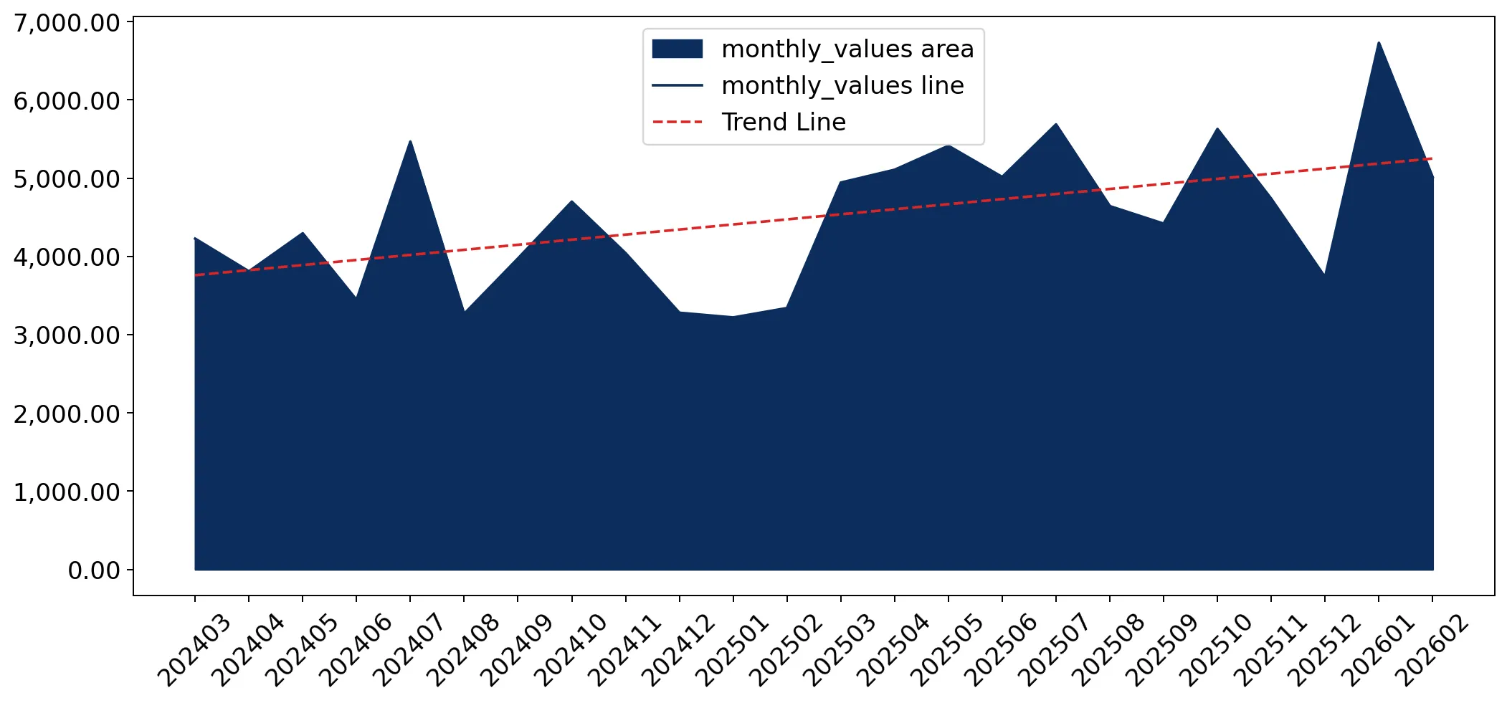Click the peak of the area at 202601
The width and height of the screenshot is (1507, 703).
pos(1378,42)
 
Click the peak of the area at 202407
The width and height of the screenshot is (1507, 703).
pos(410,141)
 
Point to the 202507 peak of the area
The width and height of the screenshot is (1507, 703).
pos(1056,124)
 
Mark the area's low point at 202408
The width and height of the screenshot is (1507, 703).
pos(465,311)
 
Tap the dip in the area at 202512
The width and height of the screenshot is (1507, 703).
pos(1324,274)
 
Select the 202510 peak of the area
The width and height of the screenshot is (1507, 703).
pos(1217,128)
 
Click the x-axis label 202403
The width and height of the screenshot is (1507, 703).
pos(194,651)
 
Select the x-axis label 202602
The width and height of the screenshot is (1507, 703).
pos(1432,651)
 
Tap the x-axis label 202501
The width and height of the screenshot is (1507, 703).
pos(732,651)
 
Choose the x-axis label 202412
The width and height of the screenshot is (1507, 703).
pos(678,651)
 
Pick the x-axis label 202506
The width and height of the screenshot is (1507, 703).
pos(1001,651)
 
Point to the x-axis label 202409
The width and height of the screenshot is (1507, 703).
pos(516,651)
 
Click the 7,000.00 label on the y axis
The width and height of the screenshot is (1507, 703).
pos(67,23)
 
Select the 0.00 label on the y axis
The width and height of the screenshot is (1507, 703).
pos(94,570)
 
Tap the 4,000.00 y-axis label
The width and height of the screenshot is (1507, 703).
pos(67,257)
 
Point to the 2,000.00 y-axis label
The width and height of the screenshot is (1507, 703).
pos(67,414)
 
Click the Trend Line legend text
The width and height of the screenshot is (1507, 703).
pos(784,122)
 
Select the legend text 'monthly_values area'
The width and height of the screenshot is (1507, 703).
pos(847,49)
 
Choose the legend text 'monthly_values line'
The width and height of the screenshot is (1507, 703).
pos(842,85)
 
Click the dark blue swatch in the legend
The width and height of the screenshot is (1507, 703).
pos(677,49)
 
